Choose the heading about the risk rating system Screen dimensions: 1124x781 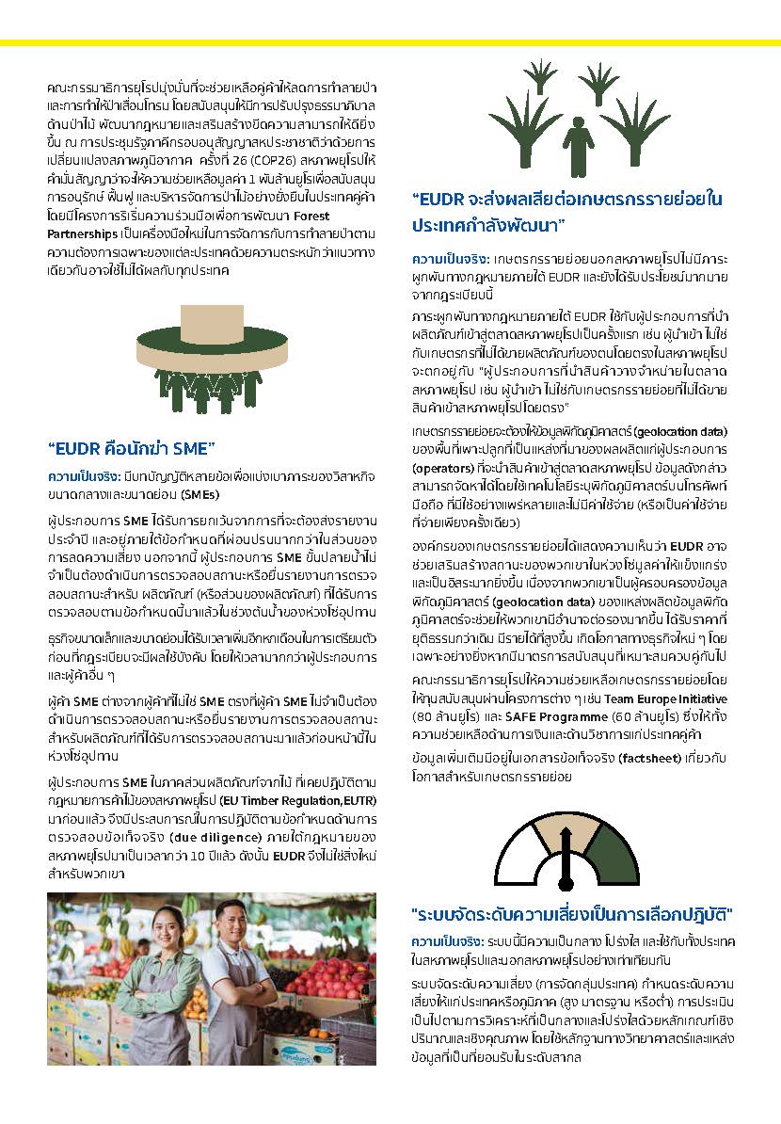coord(572,916)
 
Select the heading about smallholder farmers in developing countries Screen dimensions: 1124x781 coord(566,213)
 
